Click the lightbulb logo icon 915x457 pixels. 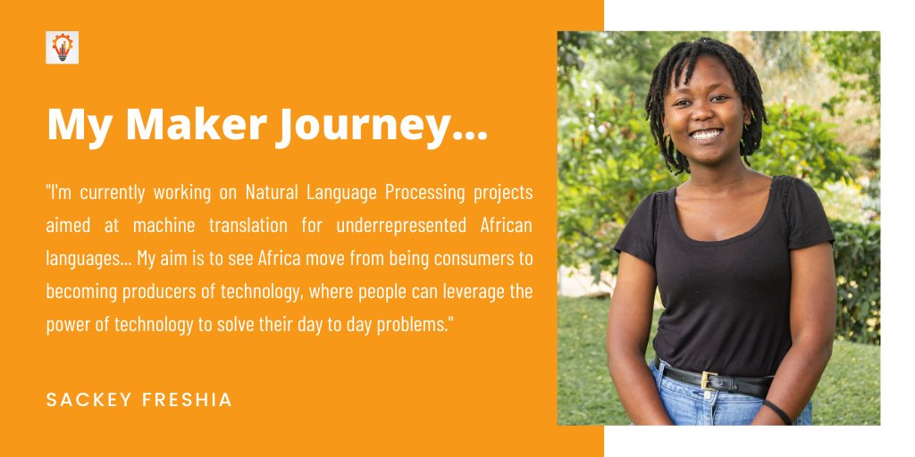(x=63, y=47)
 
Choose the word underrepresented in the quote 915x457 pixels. (x=381, y=226)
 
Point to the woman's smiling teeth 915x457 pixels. (x=707, y=134)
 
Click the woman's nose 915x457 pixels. (x=706, y=113)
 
